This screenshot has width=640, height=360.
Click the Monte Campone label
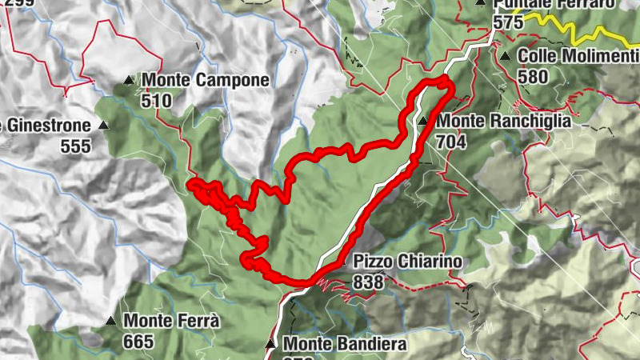click(x=206, y=80)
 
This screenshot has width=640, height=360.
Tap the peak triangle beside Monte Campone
click(x=129, y=80)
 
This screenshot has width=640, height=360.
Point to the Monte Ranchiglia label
click(x=504, y=122)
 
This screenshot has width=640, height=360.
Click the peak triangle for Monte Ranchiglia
click(x=422, y=122)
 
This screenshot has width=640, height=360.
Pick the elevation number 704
click(x=452, y=142)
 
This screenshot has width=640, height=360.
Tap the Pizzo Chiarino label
click(x=408, y=262)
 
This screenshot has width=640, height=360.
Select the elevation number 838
click(x=368, y=282)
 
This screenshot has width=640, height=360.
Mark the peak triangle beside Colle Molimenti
click(x=505, y=56)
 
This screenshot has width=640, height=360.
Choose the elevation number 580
click(x=534, y=77)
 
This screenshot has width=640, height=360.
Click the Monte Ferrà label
click(x=172, y=321)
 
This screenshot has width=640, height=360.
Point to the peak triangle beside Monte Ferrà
click(x=110, y=321)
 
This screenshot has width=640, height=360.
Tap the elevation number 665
click(x=139, y=341)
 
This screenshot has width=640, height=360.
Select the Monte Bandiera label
click(x=345, y=344)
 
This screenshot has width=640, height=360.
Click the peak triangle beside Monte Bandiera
click(x=270, y=345)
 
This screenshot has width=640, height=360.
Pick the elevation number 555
click(x=76, y=146)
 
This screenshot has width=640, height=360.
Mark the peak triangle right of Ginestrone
click(x=103, y=126)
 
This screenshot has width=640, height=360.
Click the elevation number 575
click(x=509, y=22)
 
